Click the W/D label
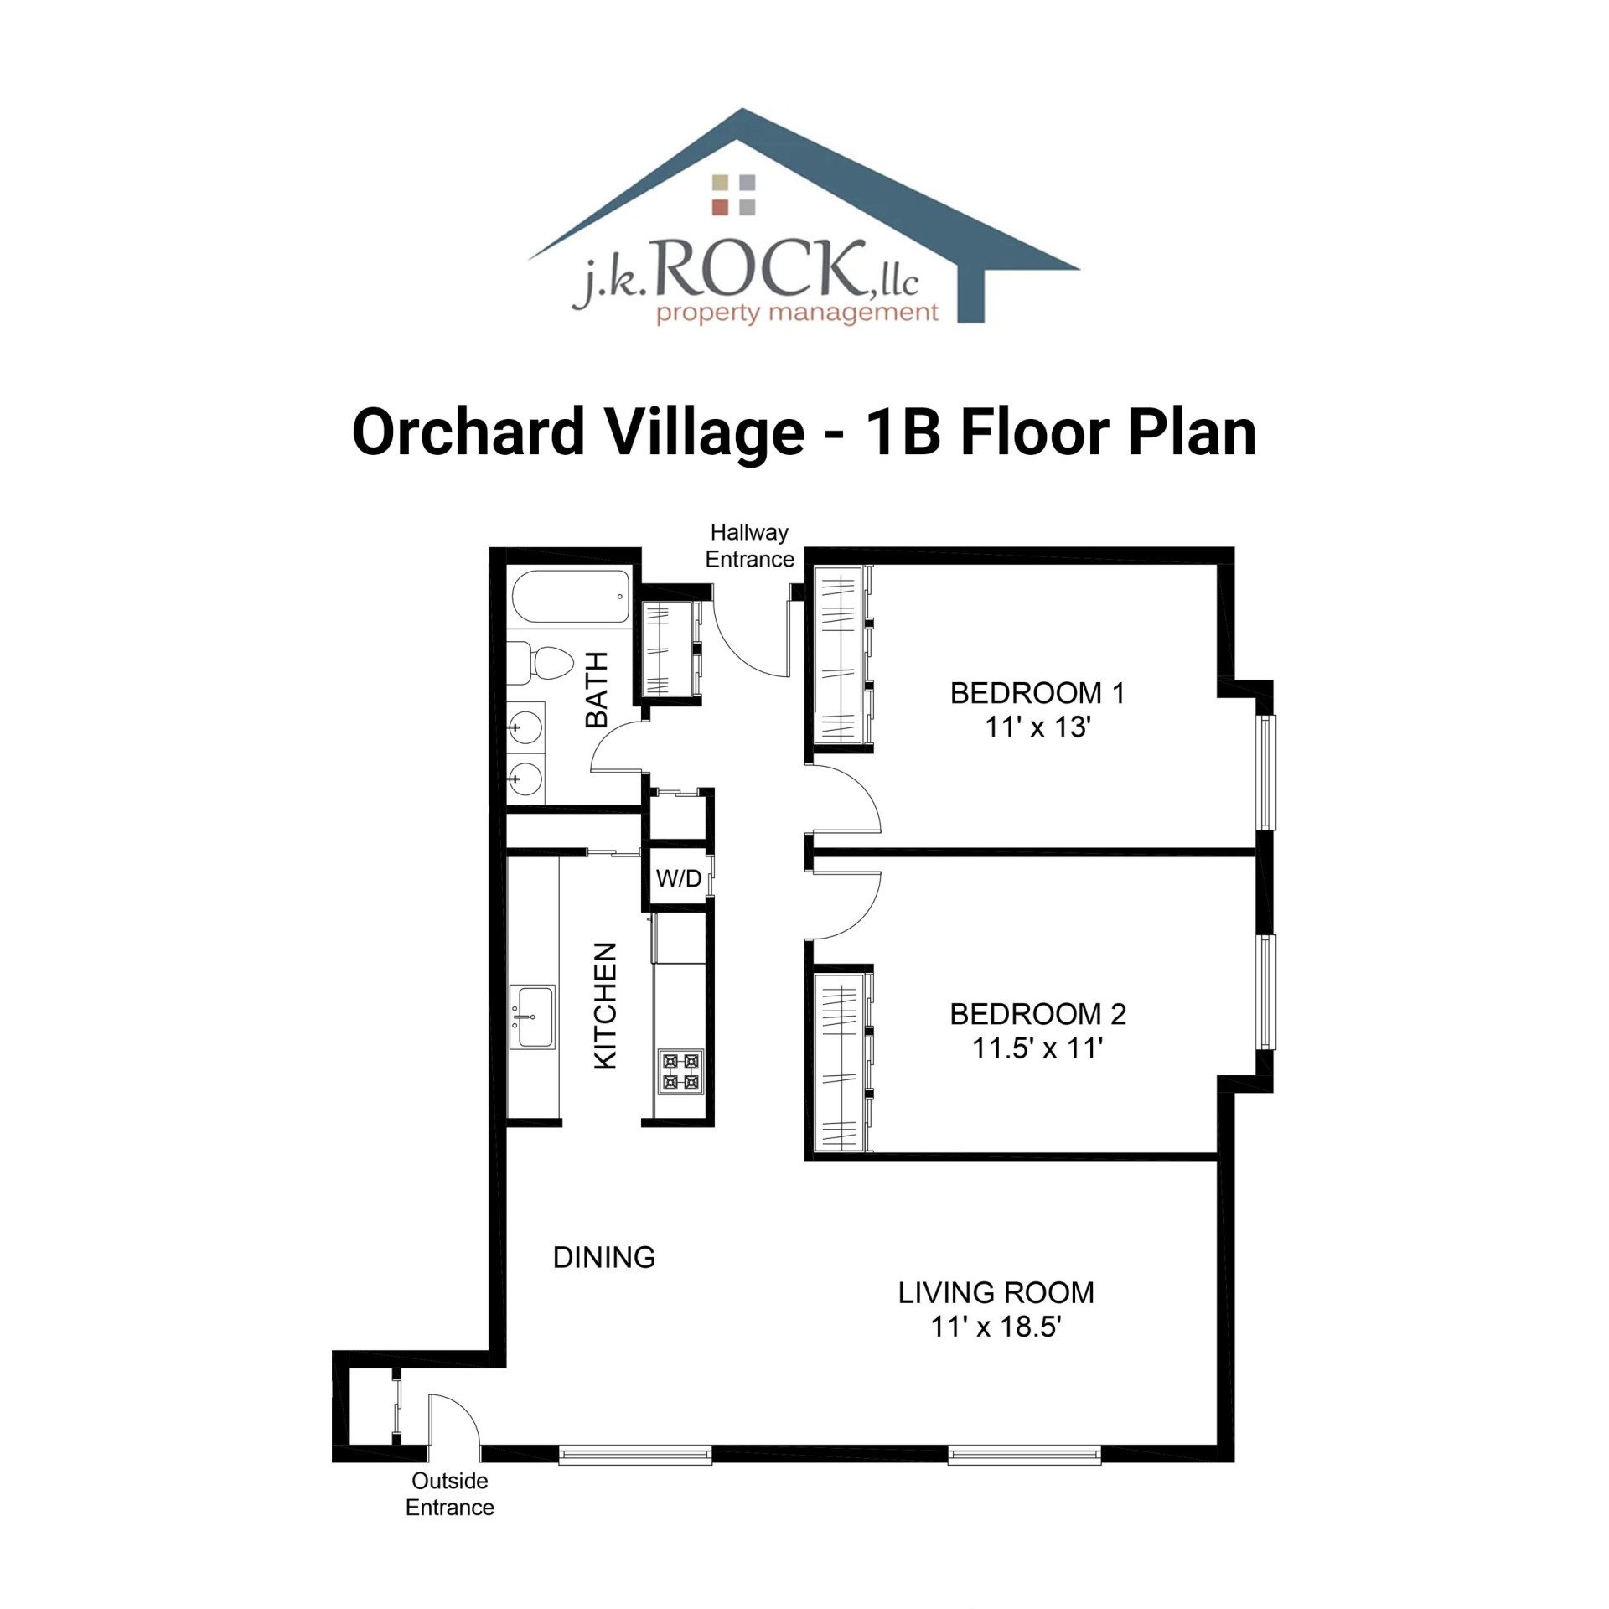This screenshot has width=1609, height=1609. pos(678,878)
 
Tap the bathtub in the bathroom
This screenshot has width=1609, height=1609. pos(571,597)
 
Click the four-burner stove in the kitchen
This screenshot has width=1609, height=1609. pos(680,1071)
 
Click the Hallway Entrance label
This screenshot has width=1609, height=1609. pos(749,546)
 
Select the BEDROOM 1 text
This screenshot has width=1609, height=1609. pos(1037,693)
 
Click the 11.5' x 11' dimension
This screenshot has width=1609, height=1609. pos(1037,1048)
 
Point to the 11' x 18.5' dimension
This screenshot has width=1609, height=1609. pos(996,1327)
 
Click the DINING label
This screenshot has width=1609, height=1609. pos(603,1257)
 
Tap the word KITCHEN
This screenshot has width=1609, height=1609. pos(605,1006)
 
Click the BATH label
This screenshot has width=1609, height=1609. pos(597,690)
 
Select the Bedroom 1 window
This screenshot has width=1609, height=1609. pos(1265,772)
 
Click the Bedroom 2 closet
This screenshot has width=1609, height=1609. pos(840,1061)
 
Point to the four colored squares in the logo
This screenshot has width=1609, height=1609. pos(733,194)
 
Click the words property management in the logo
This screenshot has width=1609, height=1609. pos(796,313)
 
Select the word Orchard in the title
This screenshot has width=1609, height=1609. pos(468,432)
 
